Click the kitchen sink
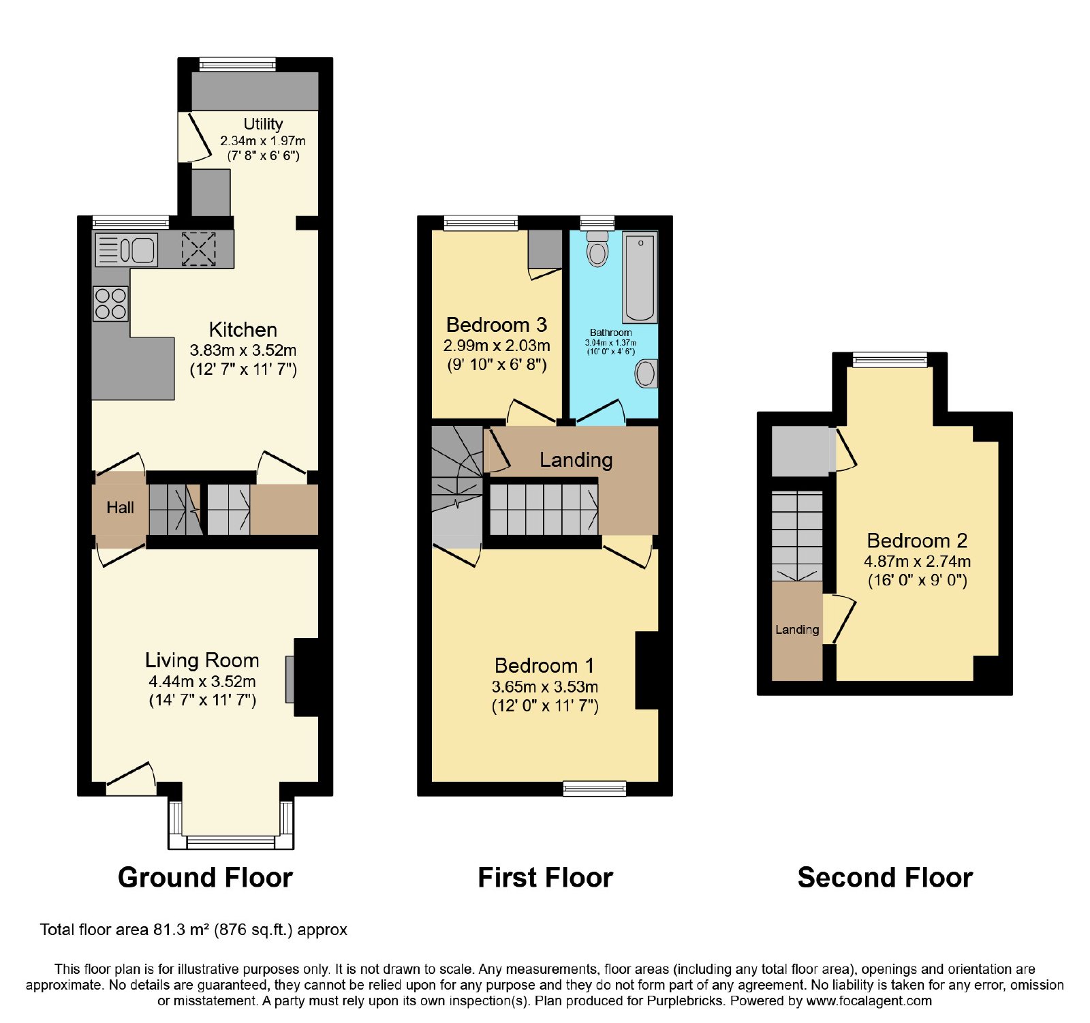click(x=127, y=249)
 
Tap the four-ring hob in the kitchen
click(x=110, y=304)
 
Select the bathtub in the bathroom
click(x=640, y=277)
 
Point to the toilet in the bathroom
click(x=597, y=249)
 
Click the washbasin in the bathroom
click(x=646, y=373)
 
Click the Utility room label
click(x=263, y=124)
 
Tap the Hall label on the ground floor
click(x=121, y=507)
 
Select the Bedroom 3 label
click(x=497, y=324)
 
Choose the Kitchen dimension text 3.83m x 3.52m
click(x=243, y=350)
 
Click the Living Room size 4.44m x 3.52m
click(x=202, y=681)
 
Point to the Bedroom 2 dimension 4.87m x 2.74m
click(x=918, y=562)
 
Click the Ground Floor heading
click(x=205, y=877)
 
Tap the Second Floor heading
click(x=885, y=877)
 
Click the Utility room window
click(x=238, y=64)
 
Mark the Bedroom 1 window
click(x=595, y=789)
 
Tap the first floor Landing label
click(x=576, y=460)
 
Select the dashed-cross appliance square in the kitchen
click(x=198, y=249)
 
